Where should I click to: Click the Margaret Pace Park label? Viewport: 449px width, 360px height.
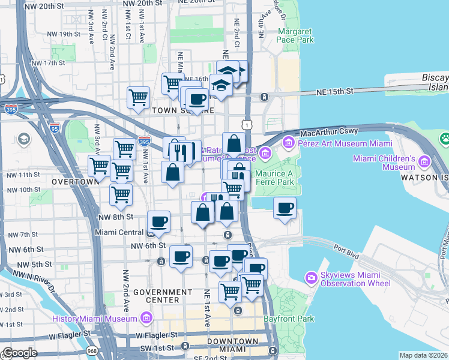click(295, 35)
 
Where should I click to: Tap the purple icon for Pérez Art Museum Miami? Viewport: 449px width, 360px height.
click(288, 143)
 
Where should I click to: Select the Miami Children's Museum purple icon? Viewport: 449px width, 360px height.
click(425, 162)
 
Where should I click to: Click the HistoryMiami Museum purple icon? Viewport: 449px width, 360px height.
click(146, 317)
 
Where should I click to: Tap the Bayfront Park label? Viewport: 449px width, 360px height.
click(293, 319)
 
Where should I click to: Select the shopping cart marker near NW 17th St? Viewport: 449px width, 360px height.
click(139, 97)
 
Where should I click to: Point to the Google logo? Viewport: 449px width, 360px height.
click(20, 353)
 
